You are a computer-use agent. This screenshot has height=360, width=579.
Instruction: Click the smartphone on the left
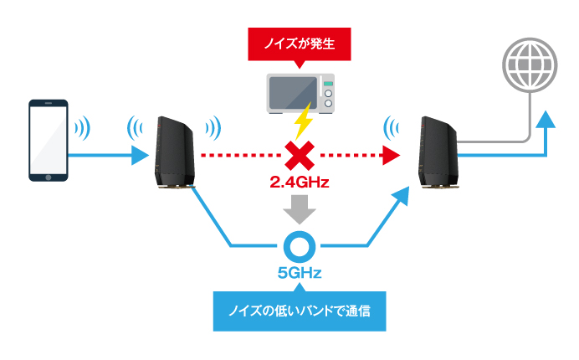(x=47, y=140)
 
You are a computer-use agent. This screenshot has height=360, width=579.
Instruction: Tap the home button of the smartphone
(x=47, y=177)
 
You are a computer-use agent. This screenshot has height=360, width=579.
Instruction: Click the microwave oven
(x=299, y=93)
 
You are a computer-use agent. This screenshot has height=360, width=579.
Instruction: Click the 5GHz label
(x=300, y=273)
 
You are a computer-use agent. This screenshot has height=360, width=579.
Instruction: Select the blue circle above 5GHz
(x=300, y=245)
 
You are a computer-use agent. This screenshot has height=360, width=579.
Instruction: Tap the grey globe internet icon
(x=529, y=64)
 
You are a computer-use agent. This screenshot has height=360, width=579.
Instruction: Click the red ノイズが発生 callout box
(x=299, y=44)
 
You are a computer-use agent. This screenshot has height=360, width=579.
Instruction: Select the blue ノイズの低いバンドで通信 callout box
(x=300, y=310)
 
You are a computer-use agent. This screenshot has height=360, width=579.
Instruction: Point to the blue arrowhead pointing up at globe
(x=545, y=121)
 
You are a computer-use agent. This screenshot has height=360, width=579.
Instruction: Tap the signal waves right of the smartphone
(x=82, y=128)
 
